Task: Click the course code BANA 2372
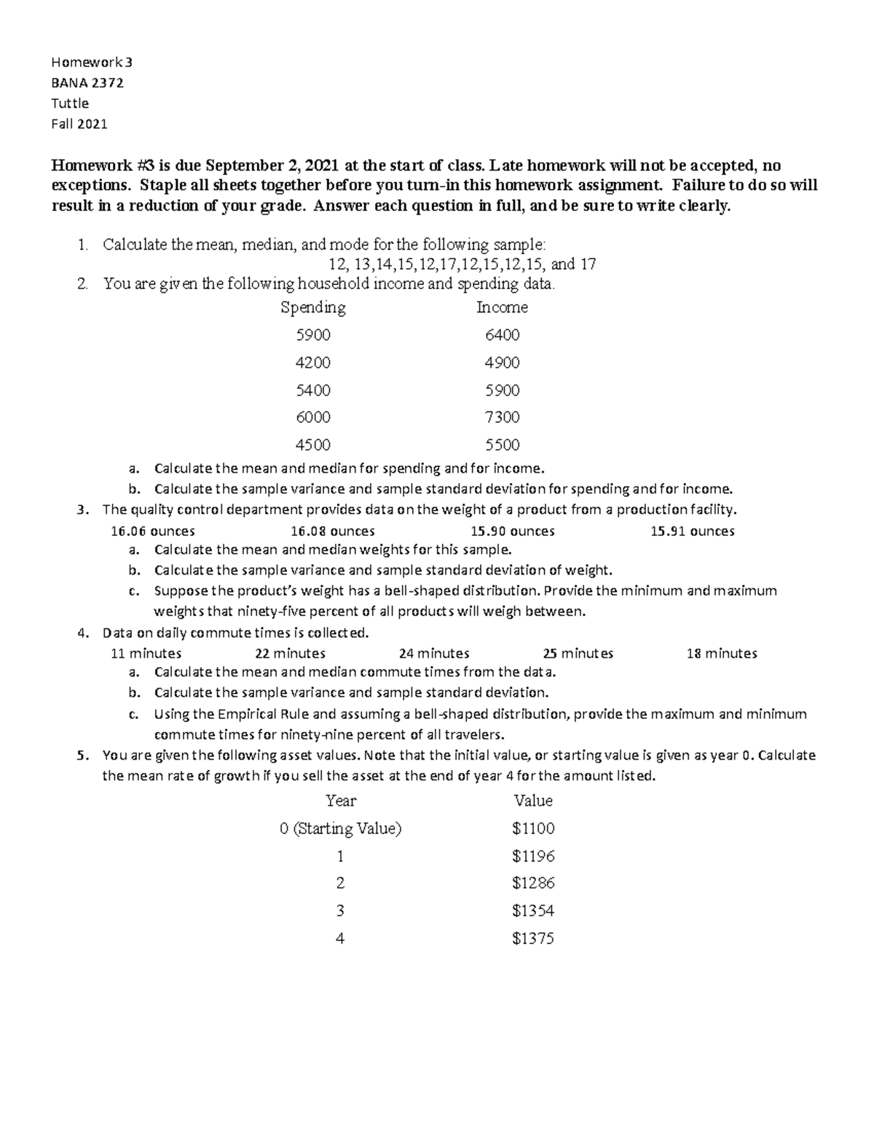87,83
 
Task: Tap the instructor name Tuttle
69,103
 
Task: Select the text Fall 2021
79,124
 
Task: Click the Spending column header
313,307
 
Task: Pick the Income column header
502,307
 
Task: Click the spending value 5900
313,335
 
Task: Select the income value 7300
502,417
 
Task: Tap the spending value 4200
313,363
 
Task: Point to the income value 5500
502,445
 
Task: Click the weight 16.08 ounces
332,531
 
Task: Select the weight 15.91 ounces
692,531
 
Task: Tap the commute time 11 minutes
146,653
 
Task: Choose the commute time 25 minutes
578,653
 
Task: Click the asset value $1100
533,828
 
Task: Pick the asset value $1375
533,939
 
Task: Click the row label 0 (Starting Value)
340,828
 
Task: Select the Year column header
340,801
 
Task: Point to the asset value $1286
533,883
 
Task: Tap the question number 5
82,755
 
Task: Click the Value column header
533,801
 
